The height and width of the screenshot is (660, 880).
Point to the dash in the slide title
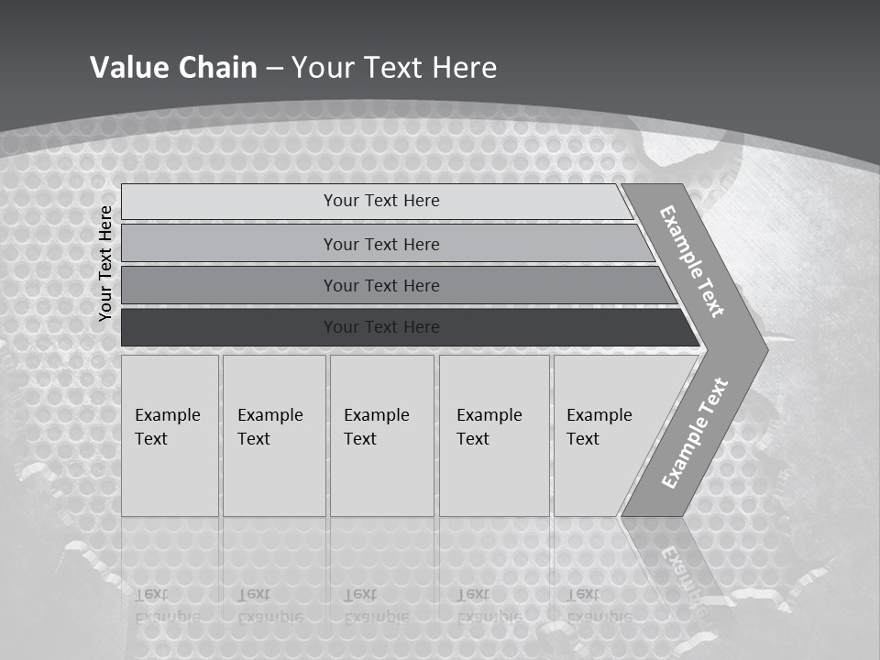point(274,69)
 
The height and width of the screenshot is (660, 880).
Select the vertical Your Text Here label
point(105,263)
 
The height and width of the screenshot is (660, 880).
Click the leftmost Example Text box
point(170,435)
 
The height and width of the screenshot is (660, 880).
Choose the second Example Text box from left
point(273,435)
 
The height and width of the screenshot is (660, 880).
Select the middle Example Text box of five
point(381,435)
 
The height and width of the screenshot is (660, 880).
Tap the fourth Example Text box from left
point(493,435)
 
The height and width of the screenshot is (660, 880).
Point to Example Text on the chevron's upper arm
point(692,261)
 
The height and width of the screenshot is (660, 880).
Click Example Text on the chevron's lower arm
point(694,434)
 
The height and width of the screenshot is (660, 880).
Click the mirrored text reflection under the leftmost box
point(167,606)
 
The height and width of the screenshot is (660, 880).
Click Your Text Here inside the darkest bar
point(381,327)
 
